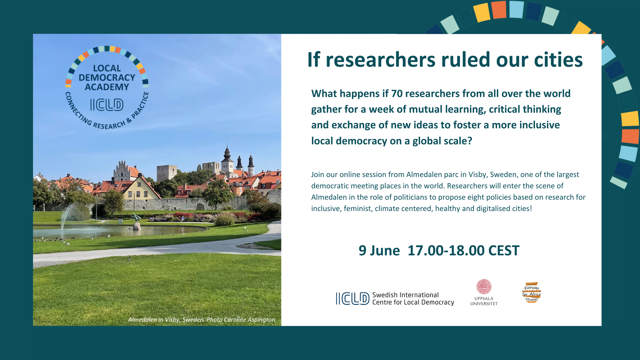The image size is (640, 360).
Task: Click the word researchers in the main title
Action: tap(380, 60)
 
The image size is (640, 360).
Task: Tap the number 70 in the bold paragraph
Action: tap(397, 94)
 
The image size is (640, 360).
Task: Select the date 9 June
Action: tap(379, 250)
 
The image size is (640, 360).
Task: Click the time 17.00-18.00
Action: tap(446, 250)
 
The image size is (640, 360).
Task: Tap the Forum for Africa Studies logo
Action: tap(531, 292)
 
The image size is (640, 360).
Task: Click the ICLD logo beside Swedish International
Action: tap(353, 299)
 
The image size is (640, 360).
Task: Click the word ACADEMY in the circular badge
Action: tap(107, 87)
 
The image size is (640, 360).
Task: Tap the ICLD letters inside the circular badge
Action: tap(107, 105)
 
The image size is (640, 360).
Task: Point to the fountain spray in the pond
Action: tap(68, 217)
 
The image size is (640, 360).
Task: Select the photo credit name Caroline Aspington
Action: tap(249, 320)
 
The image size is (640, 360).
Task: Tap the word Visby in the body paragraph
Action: tap(478, 175)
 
